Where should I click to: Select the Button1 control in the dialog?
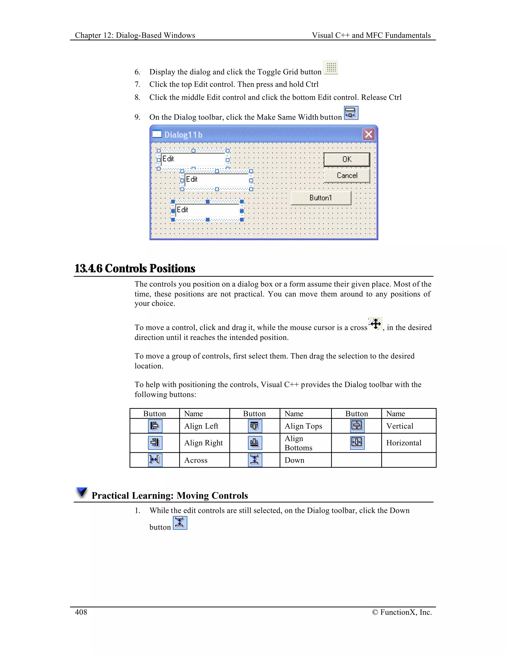coord(321,198)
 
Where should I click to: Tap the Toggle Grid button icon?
coord(331,67)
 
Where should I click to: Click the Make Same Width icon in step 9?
coord(351,113)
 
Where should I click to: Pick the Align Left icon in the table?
coord(155,426)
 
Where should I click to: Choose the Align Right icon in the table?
coord(155,443)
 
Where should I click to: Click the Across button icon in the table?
coord(155,460)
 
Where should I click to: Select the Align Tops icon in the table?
coord(255,426)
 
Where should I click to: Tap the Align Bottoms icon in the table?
coord(255,443)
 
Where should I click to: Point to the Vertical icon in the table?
coord(357,426)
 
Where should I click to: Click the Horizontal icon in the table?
coord(357,442)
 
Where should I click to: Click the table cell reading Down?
coord(294,460)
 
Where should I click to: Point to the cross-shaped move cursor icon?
coord(375,324)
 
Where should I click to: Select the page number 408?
coord(81,612)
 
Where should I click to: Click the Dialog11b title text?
coord(183,135)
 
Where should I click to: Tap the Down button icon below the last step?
coord(180,523)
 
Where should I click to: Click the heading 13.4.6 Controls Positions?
coord(135,268)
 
